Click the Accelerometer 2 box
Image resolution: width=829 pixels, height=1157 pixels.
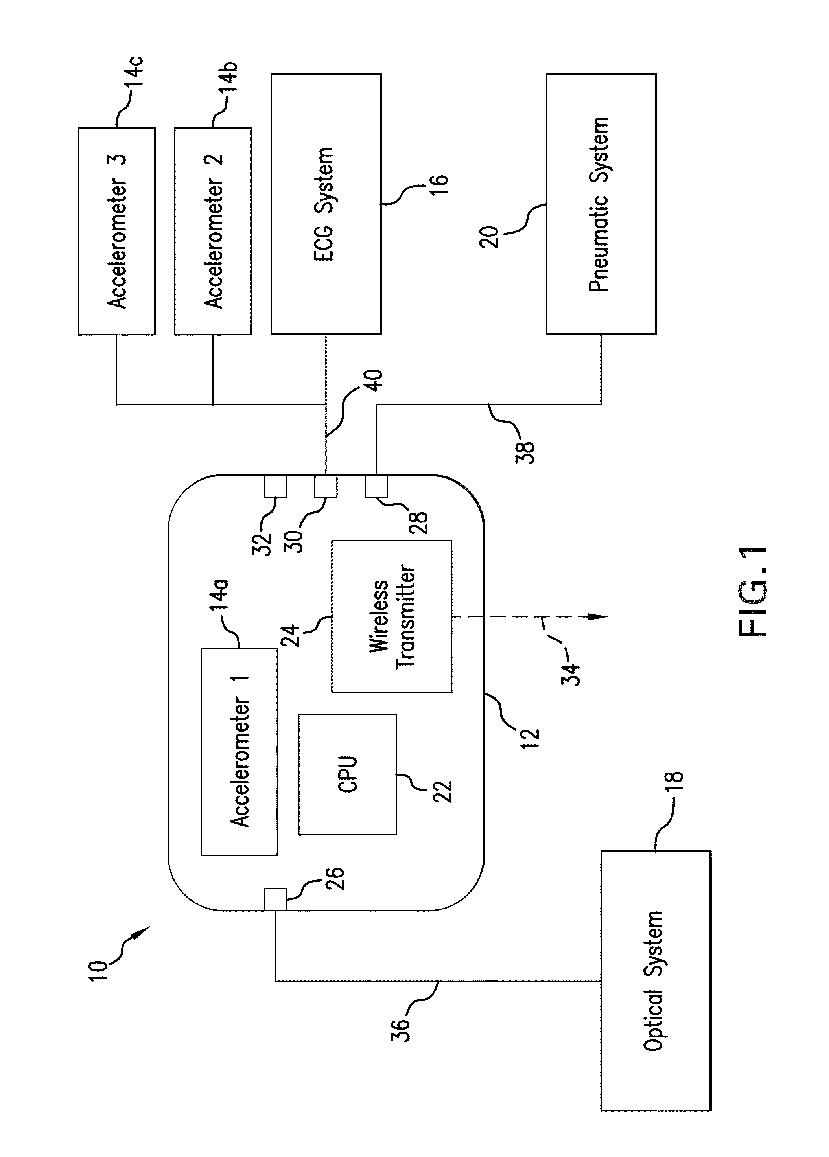[x=213, y=231]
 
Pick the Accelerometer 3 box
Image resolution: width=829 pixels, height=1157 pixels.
[x=116, y=231]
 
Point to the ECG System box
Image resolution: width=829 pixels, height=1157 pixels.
[x=326, y=204]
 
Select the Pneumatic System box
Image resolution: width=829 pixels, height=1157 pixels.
[x=601, y=204]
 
